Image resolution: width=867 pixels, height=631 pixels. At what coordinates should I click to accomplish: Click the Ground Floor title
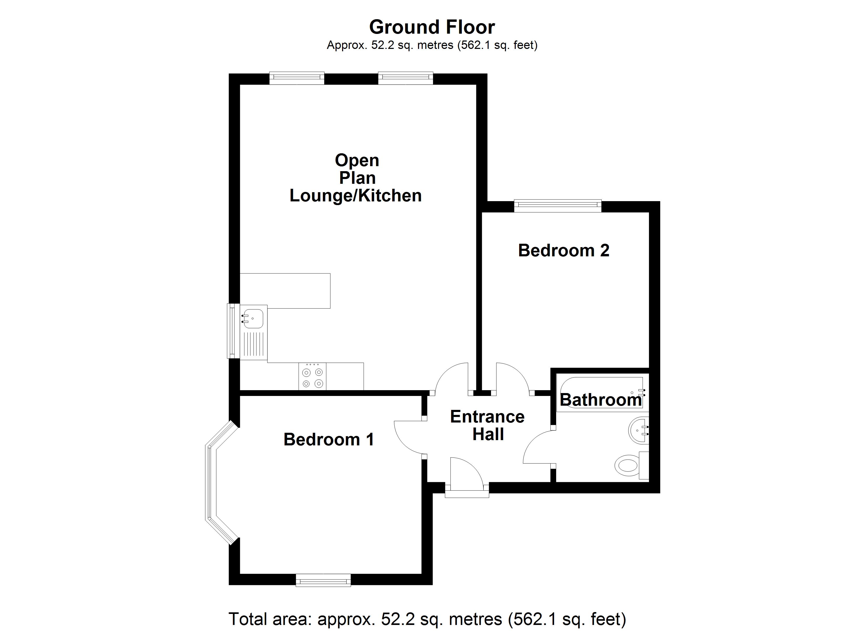[432, 27]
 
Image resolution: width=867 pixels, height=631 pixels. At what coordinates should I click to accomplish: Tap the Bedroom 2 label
[564, 251]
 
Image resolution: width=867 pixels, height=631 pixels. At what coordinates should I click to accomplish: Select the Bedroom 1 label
[328, 440]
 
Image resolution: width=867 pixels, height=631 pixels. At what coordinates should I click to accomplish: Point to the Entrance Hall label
[487, 425]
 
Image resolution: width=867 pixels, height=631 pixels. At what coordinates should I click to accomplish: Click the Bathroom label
[601, 400]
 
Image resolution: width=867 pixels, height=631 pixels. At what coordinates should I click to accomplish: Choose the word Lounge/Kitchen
[355, 196]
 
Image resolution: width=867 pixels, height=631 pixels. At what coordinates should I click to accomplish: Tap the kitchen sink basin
[253, 318]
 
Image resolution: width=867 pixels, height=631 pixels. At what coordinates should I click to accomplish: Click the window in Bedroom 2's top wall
[557, 206]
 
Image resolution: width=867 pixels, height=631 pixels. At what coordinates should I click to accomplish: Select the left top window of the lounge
[297, 78]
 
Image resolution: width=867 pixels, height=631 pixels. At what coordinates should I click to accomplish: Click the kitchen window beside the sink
[231, 331]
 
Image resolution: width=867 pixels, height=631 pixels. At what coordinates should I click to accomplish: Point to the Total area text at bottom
[427, 619]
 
